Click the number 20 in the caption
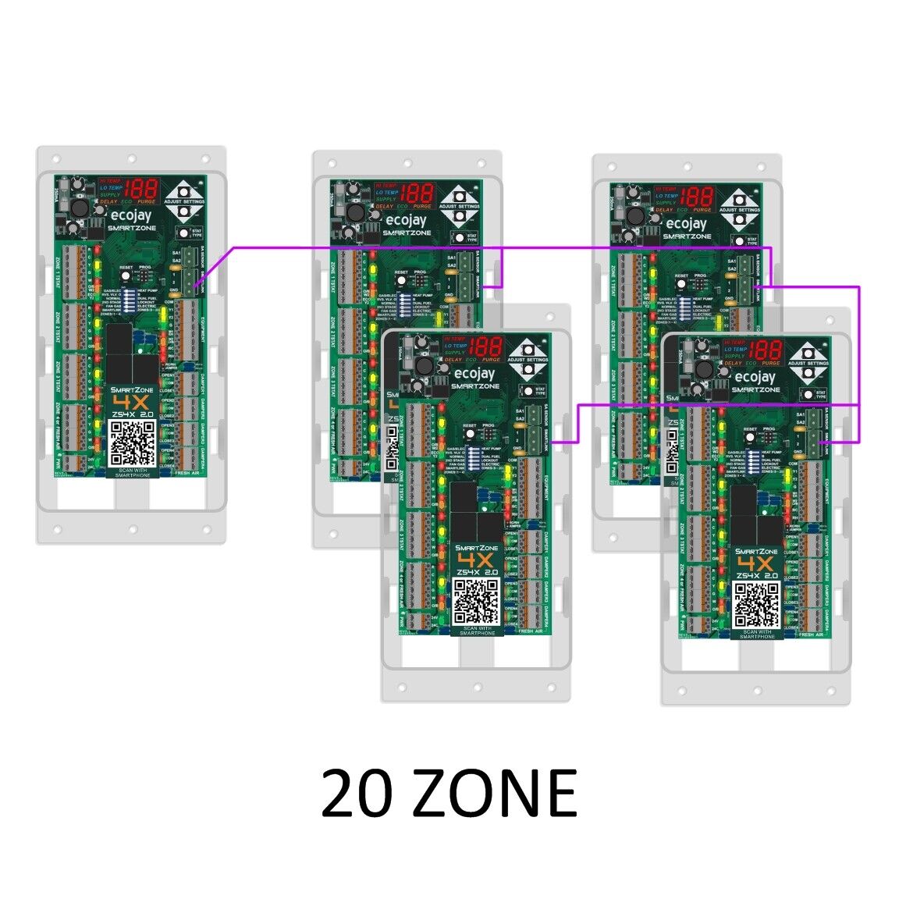tap(356, 793)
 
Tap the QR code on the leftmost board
tap(131, 442)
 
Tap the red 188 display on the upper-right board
tap(695, 196)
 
